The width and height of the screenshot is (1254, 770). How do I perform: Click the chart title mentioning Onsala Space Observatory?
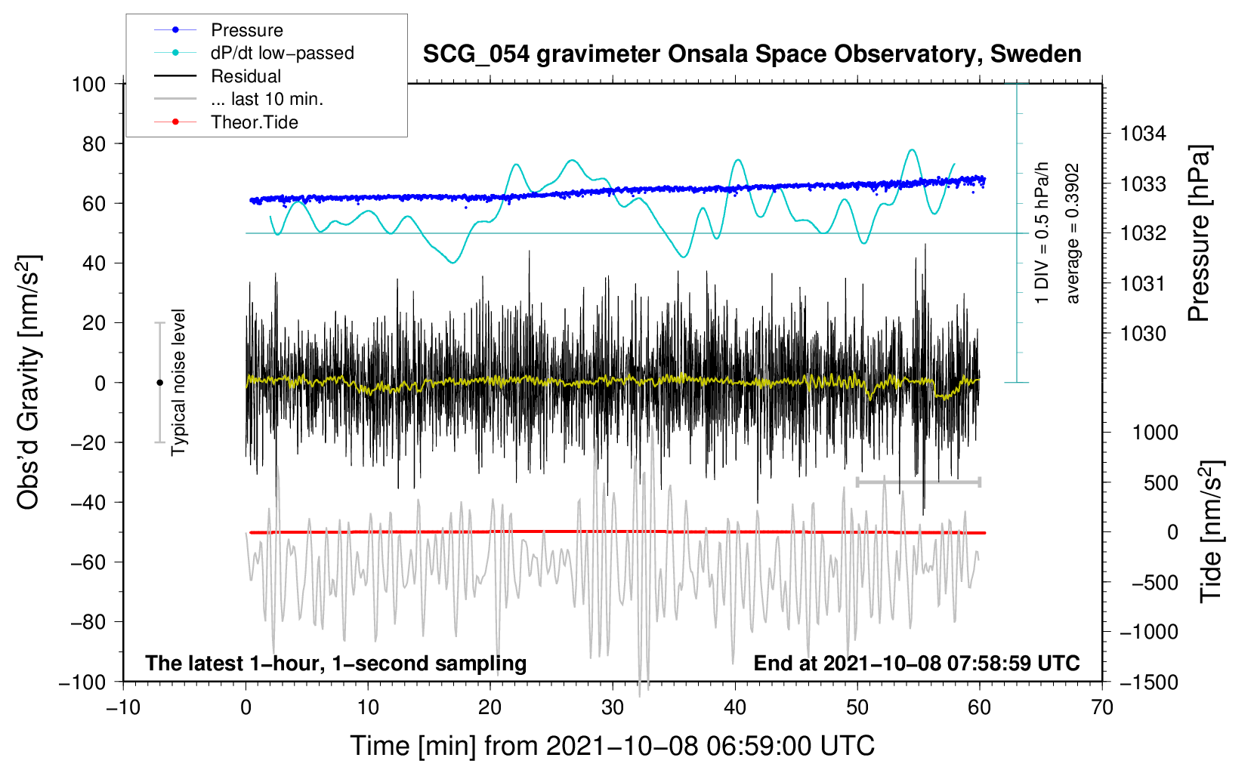pyautogui.click(x=752, y=54)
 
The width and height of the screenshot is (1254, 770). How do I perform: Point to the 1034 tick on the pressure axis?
pyautogui.click(x=1143, y=134)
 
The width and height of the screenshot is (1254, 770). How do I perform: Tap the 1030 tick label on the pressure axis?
pyautogui.click(x=1143, y=334)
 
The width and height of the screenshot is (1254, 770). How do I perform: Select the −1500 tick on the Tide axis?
pyautogui.click(x=1149, y=682)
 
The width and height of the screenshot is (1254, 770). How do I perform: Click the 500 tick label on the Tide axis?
pyautogui.click(x=1160, y=483)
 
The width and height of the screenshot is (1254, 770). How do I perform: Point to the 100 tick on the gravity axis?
pyautogui.click(x=88, y=85)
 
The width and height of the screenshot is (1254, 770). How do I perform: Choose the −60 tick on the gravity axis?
pyautogui.click(x=88, y=562)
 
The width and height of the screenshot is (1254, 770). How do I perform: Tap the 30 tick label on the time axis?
pyautogui.click(x=613, y=708)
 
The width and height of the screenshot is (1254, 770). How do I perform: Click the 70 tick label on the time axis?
pyautogui.click(x=1101, y=708)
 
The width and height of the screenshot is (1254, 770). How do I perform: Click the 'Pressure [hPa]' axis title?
pyautogui.click(x=1199, y=233)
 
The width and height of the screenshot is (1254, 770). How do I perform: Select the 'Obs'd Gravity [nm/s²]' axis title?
pyautogui.click(x=28, y=382)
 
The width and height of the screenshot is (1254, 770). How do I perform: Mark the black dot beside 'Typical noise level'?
pyautogui.click(x=159, y=383)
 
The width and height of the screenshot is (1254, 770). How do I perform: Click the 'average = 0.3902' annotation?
pyautogui.click(x=1072, y=234)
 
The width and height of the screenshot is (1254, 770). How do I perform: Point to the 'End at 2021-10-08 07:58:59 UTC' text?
pyautogui.click(x=916, y=664)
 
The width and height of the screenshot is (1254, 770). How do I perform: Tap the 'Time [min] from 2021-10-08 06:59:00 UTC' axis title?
pyautogui.click(x=613, y=747)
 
